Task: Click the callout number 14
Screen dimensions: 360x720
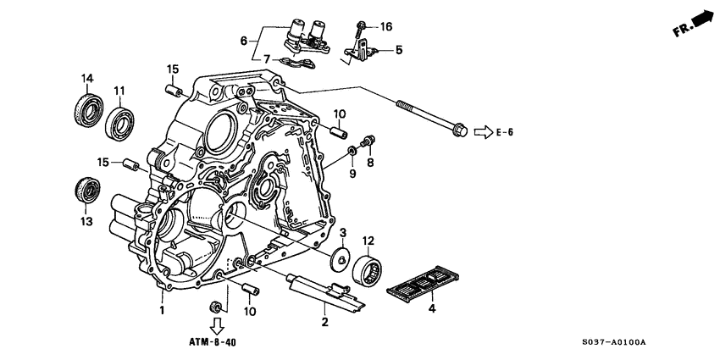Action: [x=86, y=80]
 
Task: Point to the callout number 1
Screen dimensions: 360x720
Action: [x=162, y=311]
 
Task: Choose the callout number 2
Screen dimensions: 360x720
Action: [x=324, y=322]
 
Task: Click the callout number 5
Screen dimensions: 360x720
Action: [x=398, y=51]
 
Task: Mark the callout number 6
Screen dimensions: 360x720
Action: [x=244, y=40]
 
